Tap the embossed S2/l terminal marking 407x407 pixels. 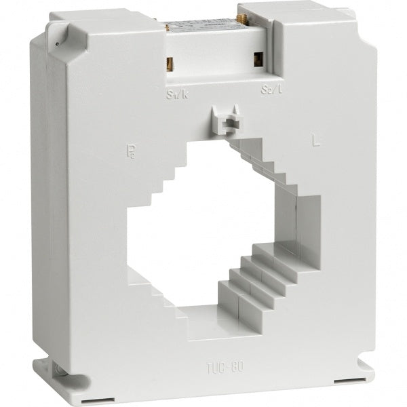tap(269, 90)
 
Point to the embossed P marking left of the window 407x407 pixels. tap(131, 148)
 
